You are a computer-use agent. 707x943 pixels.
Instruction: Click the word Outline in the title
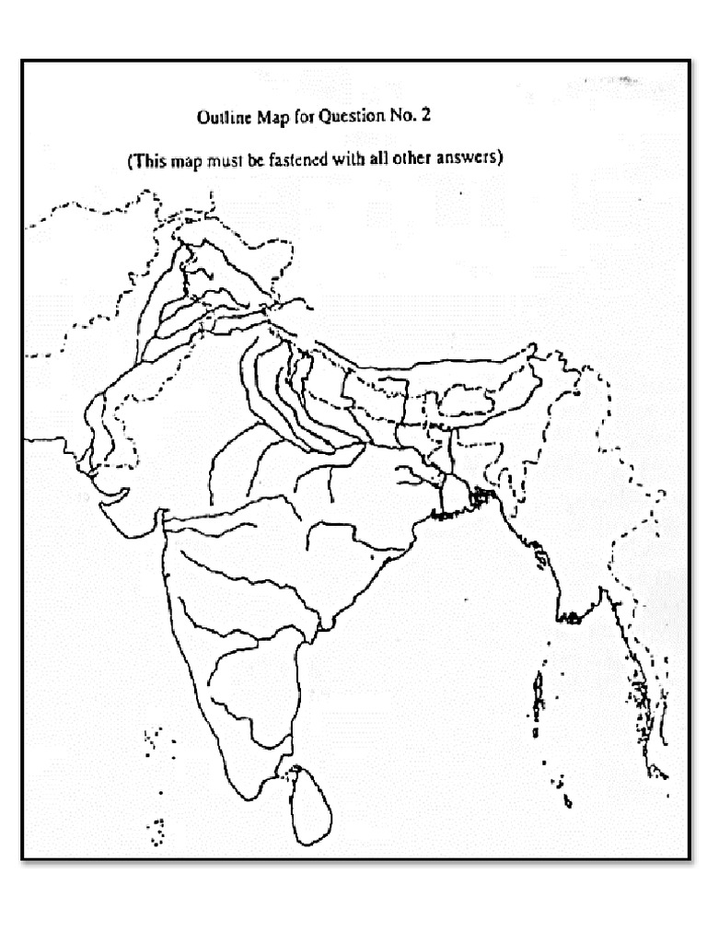point(223,119)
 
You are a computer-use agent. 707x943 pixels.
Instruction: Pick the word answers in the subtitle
point(469,158)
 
